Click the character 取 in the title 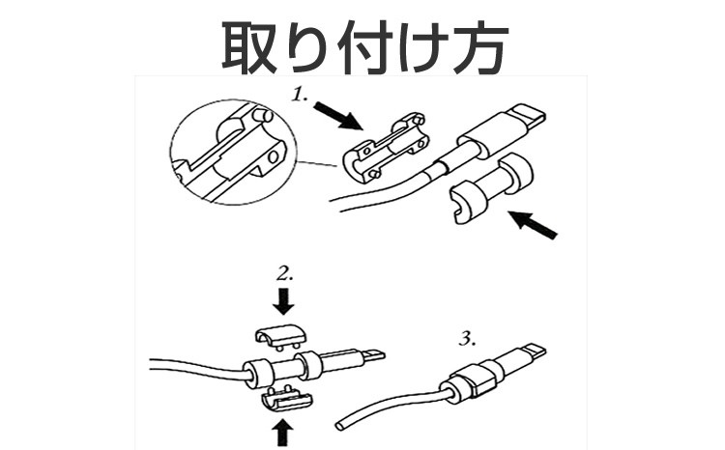click(248, 47)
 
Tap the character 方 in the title click(478, 47)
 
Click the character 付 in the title click(363, 47)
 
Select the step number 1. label click(301, 95)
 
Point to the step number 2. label click(285, 274)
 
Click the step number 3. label click(468, 340)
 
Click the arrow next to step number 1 click(337, 116)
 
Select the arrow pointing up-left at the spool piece click(533, 225)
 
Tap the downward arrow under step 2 click(283, 302)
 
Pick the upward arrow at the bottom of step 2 click(283, 434)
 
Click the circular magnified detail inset click(233, 152)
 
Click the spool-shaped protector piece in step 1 click(491, 187)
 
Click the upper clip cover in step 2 click(279, 336)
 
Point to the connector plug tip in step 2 click(373, 355)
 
